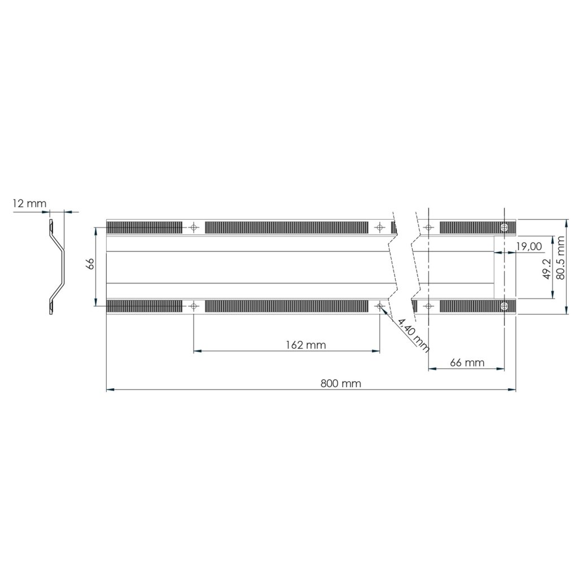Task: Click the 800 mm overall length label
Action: pos(341,383)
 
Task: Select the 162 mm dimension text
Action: pos(305,345)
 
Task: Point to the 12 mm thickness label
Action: pos(29,203)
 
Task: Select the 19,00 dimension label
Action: pos(528,246)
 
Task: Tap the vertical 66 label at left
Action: pos(89,265)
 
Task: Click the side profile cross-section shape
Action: pos(56,266)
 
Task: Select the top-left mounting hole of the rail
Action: pos(194,227)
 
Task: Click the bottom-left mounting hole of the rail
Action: pos(194,306)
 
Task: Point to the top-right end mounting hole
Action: pos(504,227)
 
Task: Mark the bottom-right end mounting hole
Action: pos(504,306)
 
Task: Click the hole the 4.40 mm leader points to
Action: pos(379,306)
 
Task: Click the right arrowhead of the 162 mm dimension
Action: pos(376,351)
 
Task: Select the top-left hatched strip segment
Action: pos(144,227)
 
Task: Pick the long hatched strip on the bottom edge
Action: pos(286,306)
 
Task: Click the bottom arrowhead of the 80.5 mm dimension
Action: pos(566,310)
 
